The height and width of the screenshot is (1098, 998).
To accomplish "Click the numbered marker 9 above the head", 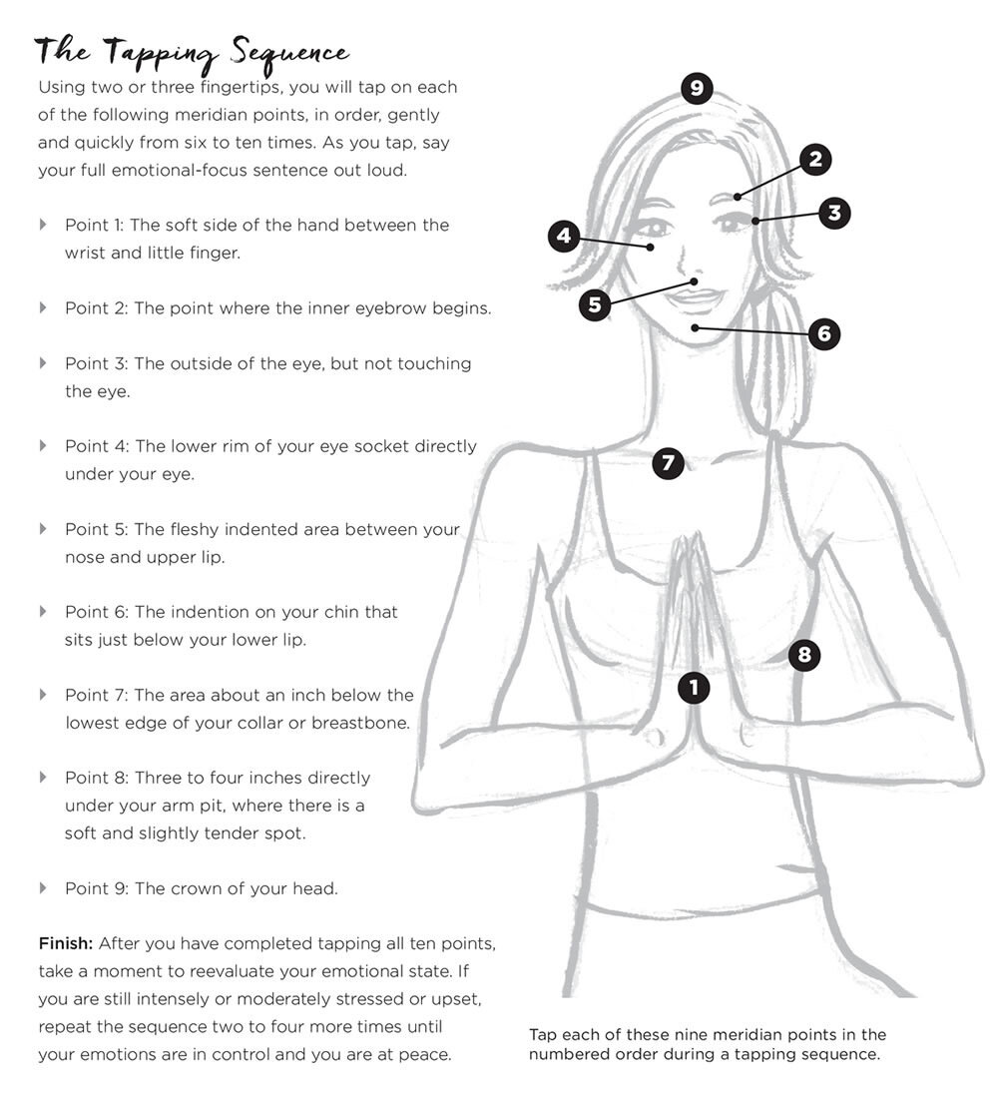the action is pyautogui.click(x=697, y=88).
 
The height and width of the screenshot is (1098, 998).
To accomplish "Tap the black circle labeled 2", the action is pyautogui.click(x=815, y=159).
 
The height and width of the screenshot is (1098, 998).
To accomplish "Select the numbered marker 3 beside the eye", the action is pyautogui.click(x=834, y=213).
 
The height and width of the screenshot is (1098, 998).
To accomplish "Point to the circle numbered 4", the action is pyautogui.click(x=564, y=237).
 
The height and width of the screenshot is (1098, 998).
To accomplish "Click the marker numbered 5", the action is pyautogui.click(x=595, y=304).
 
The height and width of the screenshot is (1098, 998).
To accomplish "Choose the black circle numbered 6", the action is pyautogui.click(x=823, y=333).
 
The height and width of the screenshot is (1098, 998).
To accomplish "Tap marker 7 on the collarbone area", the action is pyautogui.click(x=668, y=463).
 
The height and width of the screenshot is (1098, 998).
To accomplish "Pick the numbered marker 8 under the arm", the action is pyautogui.click(x=804, y=655).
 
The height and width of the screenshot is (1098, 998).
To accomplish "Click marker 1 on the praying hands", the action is pyautogui.click(x=694, y=687).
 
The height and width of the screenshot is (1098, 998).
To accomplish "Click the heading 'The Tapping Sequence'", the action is pyautogui.click(x=192, y=53).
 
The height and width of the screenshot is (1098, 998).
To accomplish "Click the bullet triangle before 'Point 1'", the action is pyautogui.click(x=43, y=224).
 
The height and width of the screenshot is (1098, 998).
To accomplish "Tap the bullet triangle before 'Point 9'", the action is pyautogui.click(x=43, y=887).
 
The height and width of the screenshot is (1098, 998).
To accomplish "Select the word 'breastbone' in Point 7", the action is pyautogui.click(x=363, y=723).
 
